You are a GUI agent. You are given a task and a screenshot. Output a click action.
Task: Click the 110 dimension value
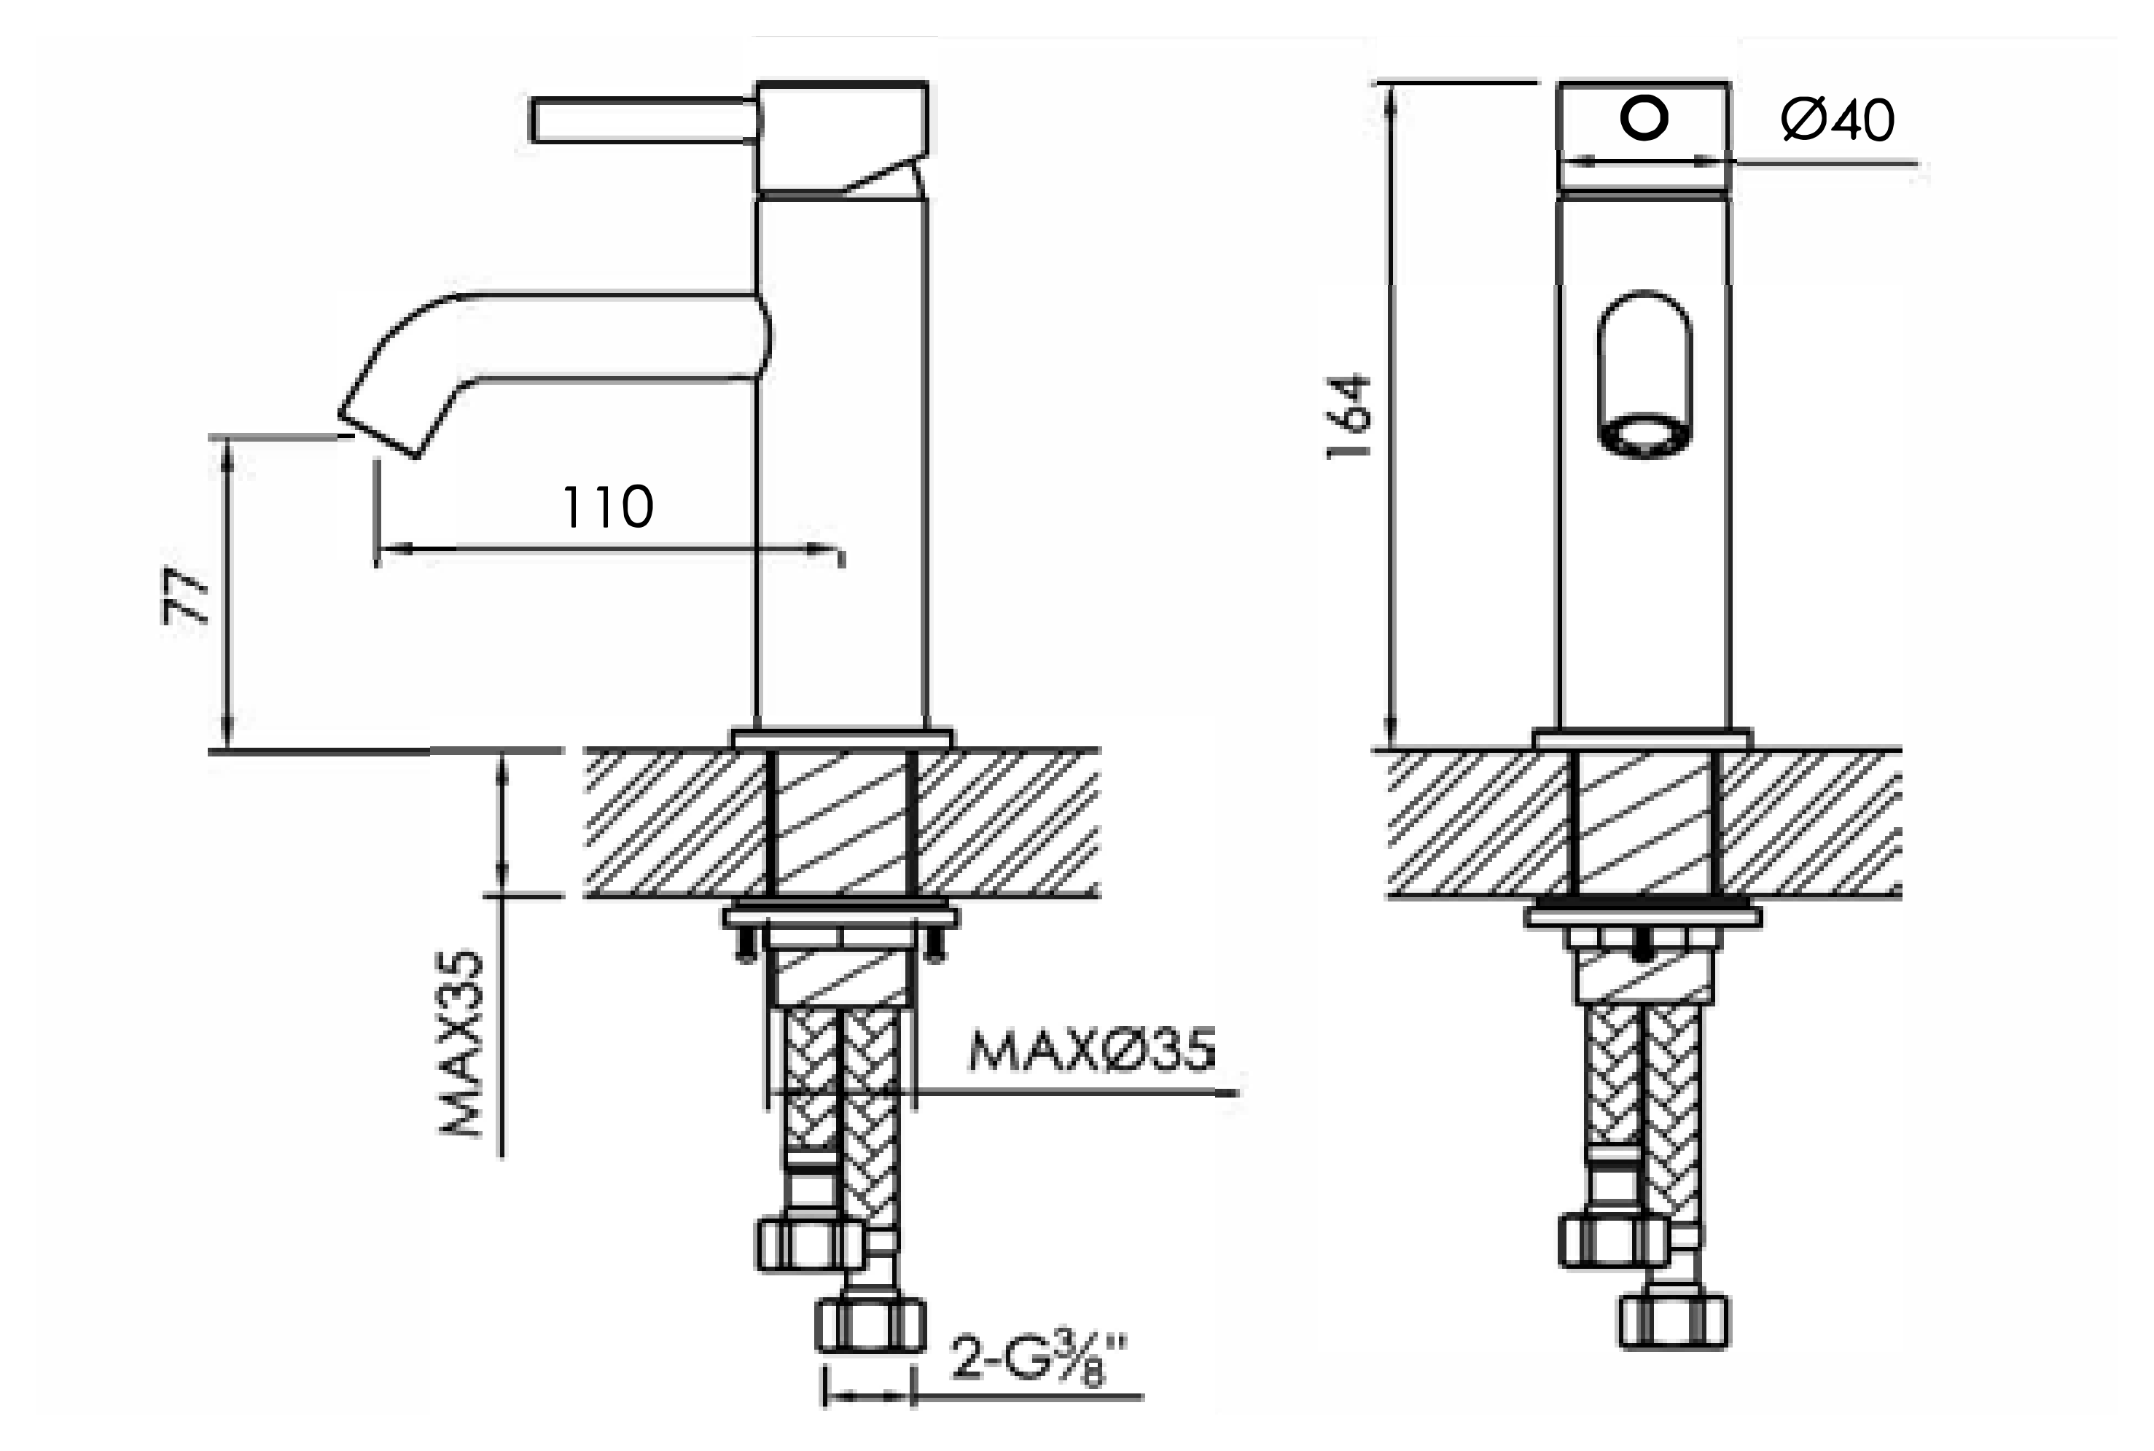point(608,507)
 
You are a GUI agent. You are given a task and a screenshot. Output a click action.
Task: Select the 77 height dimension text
point(185,596)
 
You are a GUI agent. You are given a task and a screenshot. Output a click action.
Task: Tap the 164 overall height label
point(1348,415)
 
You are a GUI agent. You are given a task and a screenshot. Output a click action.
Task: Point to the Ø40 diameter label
point(1838,120)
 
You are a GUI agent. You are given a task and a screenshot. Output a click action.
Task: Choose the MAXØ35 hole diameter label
point(1092,1050)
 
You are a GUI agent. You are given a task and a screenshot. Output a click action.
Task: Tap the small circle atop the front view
point(1644,119)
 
